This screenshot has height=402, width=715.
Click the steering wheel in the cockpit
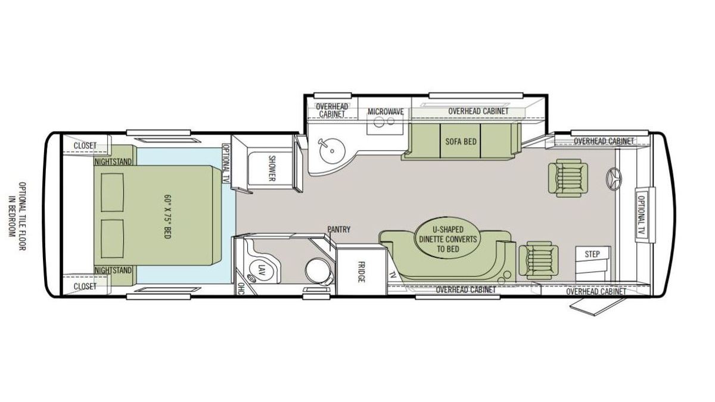tap(614, 179)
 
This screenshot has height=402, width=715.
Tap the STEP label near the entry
tap(592, 254)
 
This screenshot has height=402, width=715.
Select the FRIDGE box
tap(361, 272)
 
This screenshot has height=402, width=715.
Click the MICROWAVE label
tap(386, 112)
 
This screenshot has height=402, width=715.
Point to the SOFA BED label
tap(461, 141)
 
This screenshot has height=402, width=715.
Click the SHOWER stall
tap(271, 169)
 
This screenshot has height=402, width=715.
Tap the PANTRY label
tap(338, 229)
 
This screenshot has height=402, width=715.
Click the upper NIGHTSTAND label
tap(113, 162)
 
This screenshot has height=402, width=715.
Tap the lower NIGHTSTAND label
tap(113, 270)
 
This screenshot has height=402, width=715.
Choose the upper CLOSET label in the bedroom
tap(85, 145)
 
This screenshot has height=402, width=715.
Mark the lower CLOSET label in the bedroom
tap(85, 286)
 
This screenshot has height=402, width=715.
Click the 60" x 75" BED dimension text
tap(167, 216)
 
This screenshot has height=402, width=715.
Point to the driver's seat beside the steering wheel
tap(568, 177)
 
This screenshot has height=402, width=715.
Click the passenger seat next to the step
tap(539, 260)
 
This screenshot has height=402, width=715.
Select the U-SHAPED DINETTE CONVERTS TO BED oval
tap(448, 239)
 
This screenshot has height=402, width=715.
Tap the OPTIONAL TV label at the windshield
tap(641, 216)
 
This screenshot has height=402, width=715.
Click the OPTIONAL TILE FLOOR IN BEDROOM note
tap(17, 216)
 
